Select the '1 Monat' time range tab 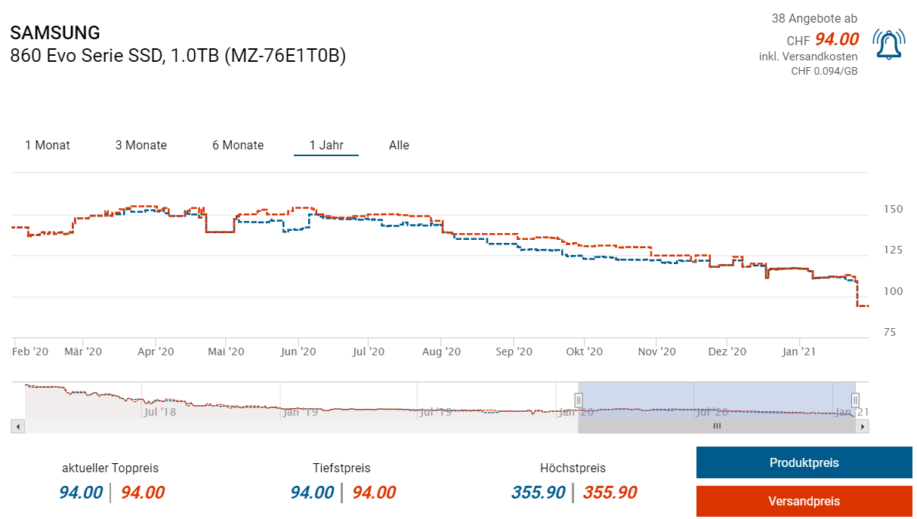pyautogui.click(x=48, y=145)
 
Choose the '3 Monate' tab pyautogui.click(x=141, y=145)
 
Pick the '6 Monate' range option pyautogui.click(x=238, y=145)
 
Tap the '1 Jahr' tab pyautogui.click(x=326, y=145)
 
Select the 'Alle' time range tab pyautogui.click(x=399, y=145)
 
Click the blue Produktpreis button pyautogui.click(x=804, y=462)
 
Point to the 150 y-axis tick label pyautogui.click(x=892, y=209)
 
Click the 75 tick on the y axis pyautogui.click(x=892, y=332)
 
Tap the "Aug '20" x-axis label pyautogui.click(x=441, y=352)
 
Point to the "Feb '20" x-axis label pyautogui.click(x=31, y=352)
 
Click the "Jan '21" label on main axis pyautogui.click(x=799, y=352)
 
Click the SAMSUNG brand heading pyautogui.click(x=55, y=33)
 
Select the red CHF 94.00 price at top pyautogui.click(x=836, y=39)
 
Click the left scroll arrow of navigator pyautogui.click(x=19, y=426)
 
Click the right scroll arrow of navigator pyautogui.click(x=862, y=426)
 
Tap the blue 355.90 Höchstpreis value pyautogui.click(x=539, y=493)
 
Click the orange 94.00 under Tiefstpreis pyautogui.click(x=374, y=493)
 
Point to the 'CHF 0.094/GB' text pyautogui.click(x=824, y=71)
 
